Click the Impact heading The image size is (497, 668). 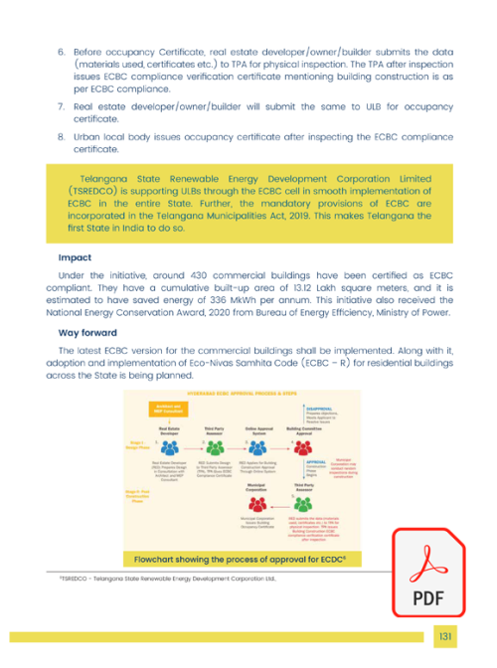tap(75, 258)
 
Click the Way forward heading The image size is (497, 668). tap(85, 333)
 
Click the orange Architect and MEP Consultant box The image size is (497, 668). tap(167, 409)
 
